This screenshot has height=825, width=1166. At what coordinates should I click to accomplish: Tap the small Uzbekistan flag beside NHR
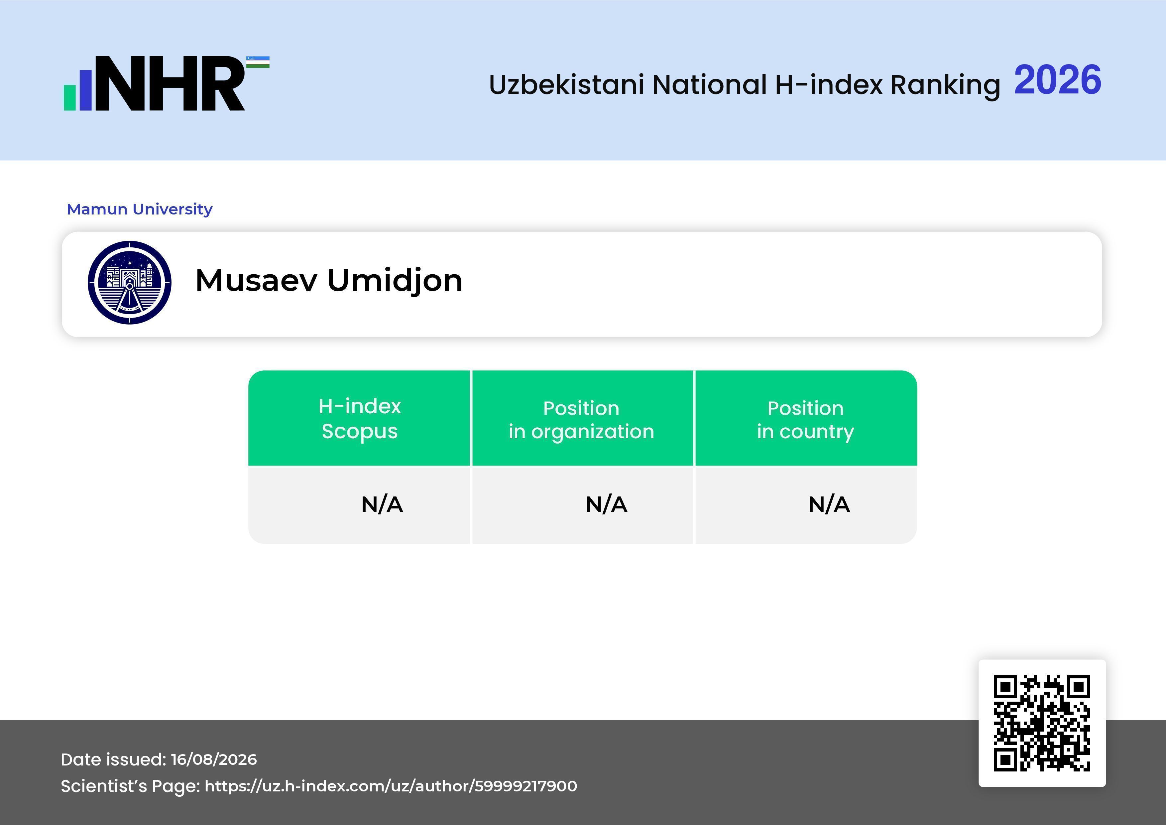coord(258,62)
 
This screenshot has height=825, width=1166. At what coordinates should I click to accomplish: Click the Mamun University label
coord(140,209)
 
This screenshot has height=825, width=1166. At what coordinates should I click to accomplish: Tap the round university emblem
coord(130,282)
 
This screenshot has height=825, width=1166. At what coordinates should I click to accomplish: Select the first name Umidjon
coord(395,281)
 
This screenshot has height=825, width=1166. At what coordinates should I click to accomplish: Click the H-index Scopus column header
coord(360,419)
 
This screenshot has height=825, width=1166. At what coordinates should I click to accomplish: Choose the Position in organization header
coord(581,420)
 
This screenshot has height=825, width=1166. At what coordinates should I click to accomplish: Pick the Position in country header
coord(805,420)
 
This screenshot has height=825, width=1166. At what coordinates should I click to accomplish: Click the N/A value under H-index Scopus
coord(382,504)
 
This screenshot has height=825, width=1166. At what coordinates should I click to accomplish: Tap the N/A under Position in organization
coord(606,504)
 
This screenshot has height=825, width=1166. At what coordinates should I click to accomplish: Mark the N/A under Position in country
coord(829,504)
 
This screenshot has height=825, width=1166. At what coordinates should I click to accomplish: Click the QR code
coord(1042,723)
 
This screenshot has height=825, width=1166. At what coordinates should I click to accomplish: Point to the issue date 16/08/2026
coord(214,759)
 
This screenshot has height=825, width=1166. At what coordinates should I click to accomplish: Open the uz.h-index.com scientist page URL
coord(391,786)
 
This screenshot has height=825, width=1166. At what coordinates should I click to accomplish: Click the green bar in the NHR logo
coord(69,97)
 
